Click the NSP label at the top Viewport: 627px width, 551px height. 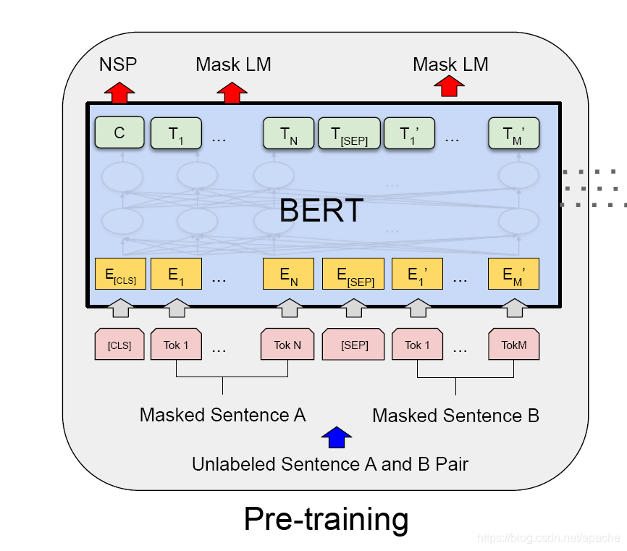click(117, 64)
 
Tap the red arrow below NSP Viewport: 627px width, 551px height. click(119, 92)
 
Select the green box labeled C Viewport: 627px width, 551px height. click(119, 133)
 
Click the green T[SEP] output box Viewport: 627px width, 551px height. click(349, 134)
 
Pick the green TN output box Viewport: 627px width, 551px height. click(287, 134)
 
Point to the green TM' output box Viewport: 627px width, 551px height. click(514, 134)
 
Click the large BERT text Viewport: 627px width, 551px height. click(321, 210)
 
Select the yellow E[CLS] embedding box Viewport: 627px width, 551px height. click(120, 274)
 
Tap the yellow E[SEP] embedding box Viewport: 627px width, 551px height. click(354, 274)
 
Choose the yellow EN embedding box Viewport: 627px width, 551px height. click(287, 274)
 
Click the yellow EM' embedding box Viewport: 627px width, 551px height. click(514, 274)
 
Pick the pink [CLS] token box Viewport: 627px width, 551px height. click(119, 345)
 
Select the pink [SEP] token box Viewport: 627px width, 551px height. click(354, 345)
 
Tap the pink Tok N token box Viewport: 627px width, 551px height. click(287, 345)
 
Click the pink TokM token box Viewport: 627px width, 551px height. click(514, 345)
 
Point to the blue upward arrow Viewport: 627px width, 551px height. click(336, 437)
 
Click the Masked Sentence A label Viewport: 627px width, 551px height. click(222, 415)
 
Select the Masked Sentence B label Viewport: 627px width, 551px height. click(455, 416)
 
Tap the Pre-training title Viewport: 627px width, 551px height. click(326, 519)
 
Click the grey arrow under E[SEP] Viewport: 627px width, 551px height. click(354, 308)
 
